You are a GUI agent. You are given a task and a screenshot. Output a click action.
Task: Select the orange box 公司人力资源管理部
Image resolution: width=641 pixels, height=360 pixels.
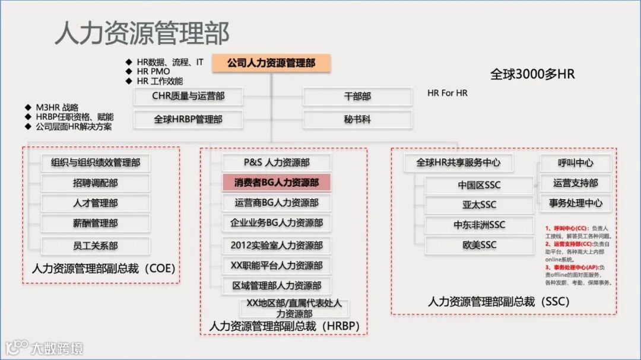pos(271,63)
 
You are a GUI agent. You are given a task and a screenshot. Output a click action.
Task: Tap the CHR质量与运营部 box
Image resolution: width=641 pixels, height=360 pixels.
pos(188,96)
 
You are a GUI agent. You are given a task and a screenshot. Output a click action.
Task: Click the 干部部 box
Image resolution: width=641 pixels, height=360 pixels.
pos(357,96)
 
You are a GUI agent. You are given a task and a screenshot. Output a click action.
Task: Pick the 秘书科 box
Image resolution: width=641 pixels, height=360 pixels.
pos(357,119)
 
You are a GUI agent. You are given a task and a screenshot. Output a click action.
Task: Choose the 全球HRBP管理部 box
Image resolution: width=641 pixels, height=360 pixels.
pos(188,119)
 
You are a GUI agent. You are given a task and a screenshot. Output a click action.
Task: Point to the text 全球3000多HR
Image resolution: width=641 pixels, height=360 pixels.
pos(532,74)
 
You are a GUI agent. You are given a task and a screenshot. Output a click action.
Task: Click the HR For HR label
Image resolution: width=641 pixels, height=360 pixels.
pos(448,93)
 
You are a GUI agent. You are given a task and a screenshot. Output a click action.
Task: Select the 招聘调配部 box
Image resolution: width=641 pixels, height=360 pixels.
pos(96,183)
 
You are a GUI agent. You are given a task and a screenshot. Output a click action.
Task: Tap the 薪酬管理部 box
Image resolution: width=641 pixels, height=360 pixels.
pos(96,223)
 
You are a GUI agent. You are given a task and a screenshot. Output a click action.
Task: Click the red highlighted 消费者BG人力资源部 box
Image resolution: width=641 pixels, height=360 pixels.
pos(277,183)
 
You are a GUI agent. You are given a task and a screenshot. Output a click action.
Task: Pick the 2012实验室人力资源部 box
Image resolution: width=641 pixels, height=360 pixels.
pos(277,245)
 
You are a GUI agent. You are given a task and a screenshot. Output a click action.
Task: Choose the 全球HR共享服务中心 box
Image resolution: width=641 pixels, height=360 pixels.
pos(458,163)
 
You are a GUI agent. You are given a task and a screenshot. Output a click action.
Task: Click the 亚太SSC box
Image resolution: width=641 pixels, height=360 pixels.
pos(479,205)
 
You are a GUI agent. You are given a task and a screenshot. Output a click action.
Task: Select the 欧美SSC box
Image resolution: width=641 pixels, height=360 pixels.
pos(479,244)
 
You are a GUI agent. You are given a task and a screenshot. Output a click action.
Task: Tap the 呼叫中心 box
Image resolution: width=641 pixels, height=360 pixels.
pos(575,163)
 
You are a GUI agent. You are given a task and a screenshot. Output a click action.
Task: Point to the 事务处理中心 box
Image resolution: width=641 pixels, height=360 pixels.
pos(575,203)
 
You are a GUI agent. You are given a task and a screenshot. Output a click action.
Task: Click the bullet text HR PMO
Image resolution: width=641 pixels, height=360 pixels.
pos(153,71)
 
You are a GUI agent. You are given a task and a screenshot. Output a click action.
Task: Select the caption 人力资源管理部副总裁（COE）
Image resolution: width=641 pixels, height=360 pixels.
pos(104,269)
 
